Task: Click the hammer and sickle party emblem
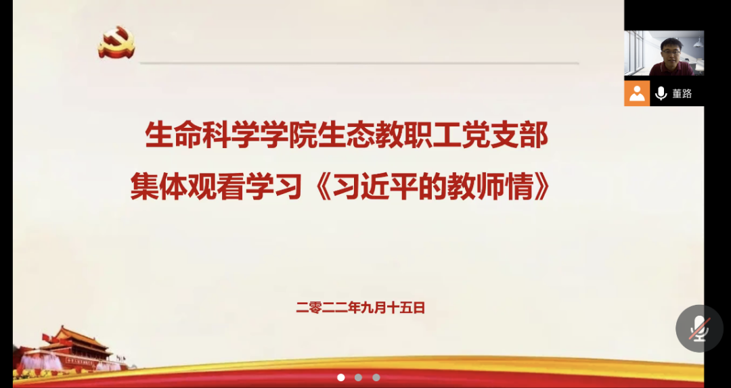pos(116,43)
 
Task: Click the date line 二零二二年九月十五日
pos(361,308)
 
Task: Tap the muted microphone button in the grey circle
pos(699,329)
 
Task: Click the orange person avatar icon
pos(637,93)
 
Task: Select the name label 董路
pos(682,94)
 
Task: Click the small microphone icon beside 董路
pos(661,94)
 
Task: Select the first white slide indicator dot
pos(341,377)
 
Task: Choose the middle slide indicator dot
pos(359,377)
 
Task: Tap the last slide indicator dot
pos(376,377)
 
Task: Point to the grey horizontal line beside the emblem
pos(359,63)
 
